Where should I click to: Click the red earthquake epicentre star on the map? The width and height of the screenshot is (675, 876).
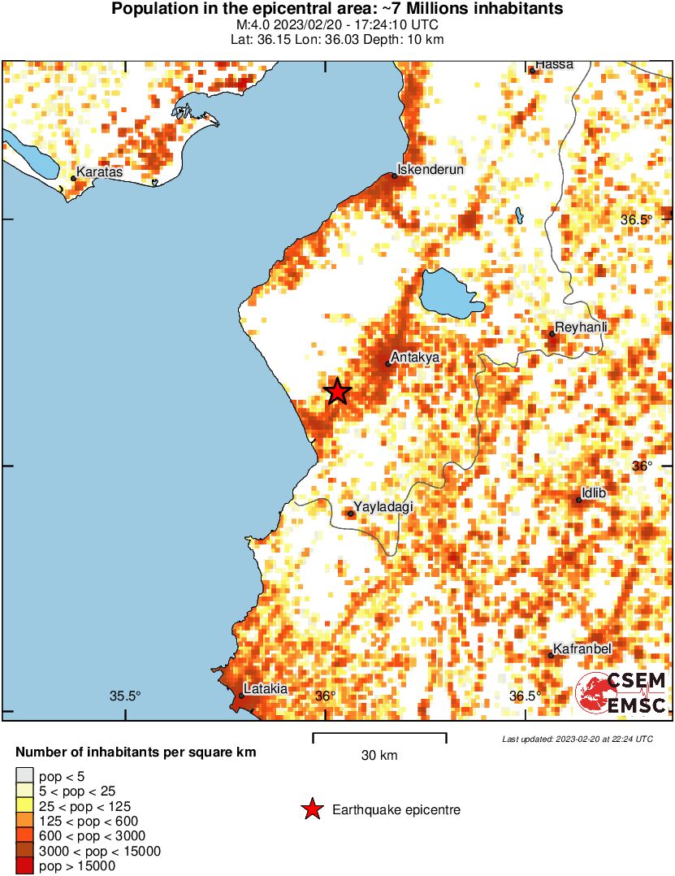338,392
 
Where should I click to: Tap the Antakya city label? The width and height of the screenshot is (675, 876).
415,357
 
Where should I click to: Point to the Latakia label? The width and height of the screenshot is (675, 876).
266,689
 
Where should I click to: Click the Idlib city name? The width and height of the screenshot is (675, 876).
595,493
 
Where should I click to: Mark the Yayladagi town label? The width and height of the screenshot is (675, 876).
383,507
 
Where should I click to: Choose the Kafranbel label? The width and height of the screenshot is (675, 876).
582,649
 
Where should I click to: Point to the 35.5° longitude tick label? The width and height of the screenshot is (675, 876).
126,696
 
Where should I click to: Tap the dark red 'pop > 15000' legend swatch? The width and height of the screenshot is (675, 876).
24,866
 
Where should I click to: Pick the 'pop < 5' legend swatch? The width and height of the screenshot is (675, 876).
24,775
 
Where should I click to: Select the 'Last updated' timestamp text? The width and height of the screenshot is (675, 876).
578,739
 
